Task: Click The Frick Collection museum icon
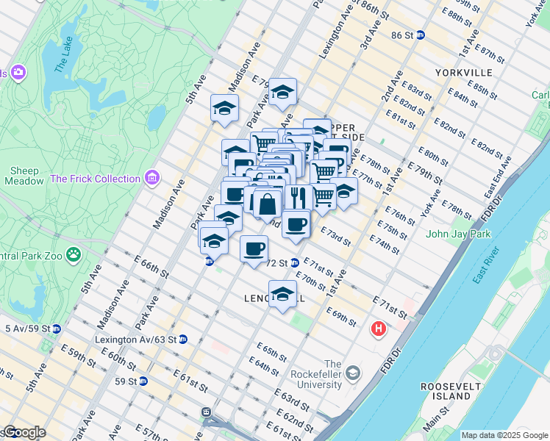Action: click(x=152, y=178)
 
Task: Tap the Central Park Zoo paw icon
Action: click(x=74, y=255)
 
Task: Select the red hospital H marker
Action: click(x=379, y=329)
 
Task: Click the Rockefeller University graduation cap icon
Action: click(x=352, y=373)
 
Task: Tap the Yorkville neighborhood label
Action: click(x=463, y=73)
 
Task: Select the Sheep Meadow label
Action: click(x=24, y=176)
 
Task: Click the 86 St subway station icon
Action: click(x=420, y=35)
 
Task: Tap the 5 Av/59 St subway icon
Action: click(x=56, y=329)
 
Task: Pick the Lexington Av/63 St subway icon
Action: click(x=183, y=340)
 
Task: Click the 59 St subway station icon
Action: click(x=143, y=381)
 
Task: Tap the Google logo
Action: click(x=24, y=432)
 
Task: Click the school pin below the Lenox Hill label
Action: click(x=282, y=294)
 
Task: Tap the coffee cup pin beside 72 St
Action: click(x=254, y=248)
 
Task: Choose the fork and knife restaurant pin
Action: click(x=298, y=197)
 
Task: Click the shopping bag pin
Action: click(x=268, y=204)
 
